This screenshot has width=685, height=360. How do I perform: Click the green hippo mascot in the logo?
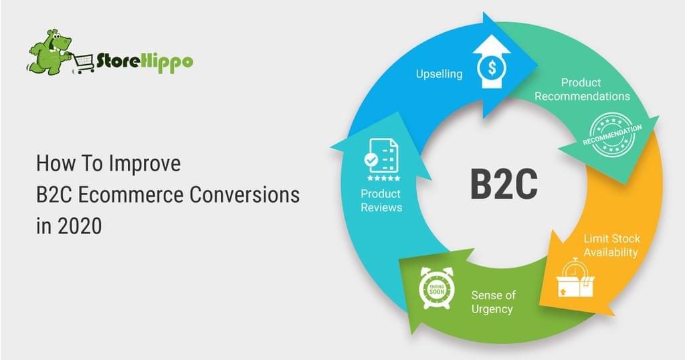point(49,50)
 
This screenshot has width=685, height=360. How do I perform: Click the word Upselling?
point(438,74)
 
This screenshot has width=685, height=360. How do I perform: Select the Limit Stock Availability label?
point(610,245)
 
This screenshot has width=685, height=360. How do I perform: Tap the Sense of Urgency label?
point(492,302)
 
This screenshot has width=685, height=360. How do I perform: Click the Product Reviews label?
point(381,200)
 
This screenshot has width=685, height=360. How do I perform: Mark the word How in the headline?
point(52,164)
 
